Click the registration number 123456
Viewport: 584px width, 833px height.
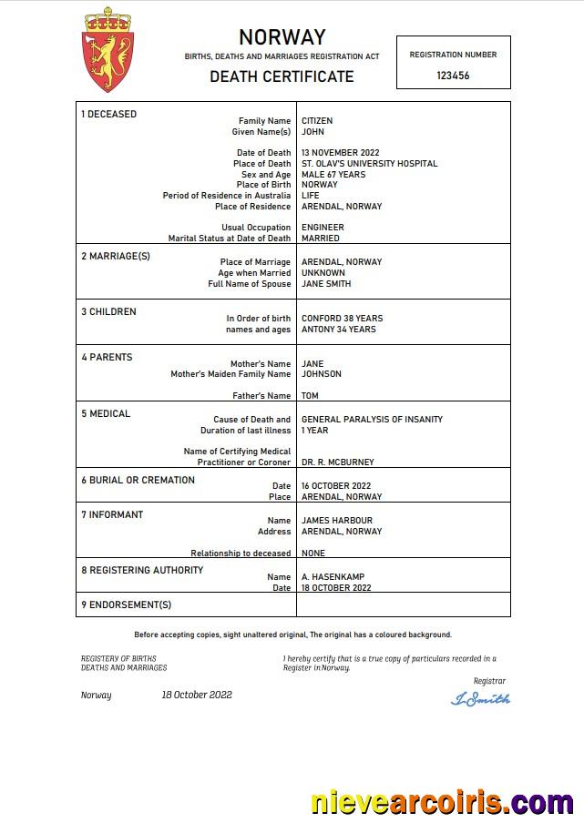click(453, 76)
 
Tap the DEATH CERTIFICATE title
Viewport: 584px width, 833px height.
click(282, 76)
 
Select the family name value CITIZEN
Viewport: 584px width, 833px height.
click(317, 121)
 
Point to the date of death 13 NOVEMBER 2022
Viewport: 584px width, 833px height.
click(340, 153)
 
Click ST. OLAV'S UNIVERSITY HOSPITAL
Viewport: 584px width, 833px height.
click(369, 164)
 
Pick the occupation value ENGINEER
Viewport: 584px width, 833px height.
click(323, 228)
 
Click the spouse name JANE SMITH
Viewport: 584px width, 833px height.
click(325, 284)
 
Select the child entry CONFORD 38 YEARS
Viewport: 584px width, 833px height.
click(342, 319)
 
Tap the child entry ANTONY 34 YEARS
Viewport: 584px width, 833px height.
click(338, 330)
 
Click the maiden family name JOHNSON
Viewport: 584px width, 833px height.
click(322, 374)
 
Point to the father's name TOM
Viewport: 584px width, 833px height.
click(310, 396)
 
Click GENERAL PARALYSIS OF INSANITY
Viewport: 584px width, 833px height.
click(372, 420)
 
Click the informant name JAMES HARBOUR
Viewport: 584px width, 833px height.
click(336, 521)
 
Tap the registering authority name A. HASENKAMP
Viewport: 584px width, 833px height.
click(333, 577)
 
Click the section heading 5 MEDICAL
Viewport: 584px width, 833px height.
click(106, 414)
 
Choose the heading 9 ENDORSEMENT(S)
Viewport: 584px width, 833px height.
click(126, 604)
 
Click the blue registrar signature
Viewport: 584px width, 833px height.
click(480, 698)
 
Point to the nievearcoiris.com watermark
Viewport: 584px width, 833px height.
click(442, 803)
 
